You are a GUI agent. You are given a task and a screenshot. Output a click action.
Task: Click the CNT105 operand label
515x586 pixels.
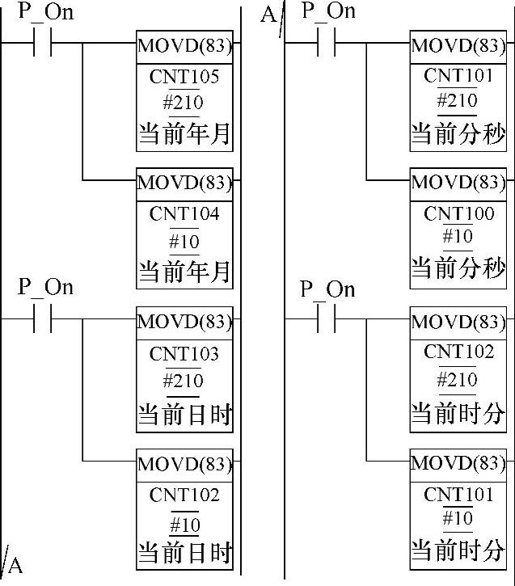pos(184,77)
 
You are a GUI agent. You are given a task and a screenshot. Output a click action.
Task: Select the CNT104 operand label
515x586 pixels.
pos(184,214)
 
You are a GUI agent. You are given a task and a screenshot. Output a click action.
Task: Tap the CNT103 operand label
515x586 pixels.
pos(184,353)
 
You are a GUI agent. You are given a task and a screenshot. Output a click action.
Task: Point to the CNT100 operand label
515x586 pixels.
pos(458,213)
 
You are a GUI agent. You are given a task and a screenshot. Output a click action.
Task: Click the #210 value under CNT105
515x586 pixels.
pos(184,103)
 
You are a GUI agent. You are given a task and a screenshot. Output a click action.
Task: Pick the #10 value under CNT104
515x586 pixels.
pos(184,242)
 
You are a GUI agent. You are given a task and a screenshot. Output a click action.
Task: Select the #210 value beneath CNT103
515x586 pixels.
pos(184,381)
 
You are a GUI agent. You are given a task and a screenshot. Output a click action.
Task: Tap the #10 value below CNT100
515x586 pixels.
pos(458,236)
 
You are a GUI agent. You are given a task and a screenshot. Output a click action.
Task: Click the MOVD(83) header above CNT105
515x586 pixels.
pos(184,46)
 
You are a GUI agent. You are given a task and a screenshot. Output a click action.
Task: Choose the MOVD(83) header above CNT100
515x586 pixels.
pos(458,183)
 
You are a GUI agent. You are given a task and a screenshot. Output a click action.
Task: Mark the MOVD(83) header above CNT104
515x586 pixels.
pos(184,183)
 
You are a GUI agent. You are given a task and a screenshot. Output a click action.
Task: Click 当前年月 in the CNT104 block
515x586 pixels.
pos(184,272)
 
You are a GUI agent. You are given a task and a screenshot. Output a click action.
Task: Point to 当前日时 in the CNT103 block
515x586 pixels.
pos(184,415)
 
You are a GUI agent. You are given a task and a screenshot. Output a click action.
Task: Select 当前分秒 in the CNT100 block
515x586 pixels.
pos(458,268)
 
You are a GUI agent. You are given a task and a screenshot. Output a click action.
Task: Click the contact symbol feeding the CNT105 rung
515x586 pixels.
pos(42,43)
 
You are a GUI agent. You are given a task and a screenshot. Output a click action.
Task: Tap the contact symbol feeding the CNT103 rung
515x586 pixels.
pos(42,318)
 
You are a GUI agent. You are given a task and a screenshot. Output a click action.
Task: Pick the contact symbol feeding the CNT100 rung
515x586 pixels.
pos(327,43)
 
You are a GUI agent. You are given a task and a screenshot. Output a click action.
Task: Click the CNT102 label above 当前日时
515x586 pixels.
pos(184,495)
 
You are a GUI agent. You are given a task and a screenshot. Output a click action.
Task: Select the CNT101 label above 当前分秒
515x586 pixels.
pos(458,75)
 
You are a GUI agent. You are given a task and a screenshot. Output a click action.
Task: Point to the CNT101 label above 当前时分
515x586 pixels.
pos(458,495)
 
